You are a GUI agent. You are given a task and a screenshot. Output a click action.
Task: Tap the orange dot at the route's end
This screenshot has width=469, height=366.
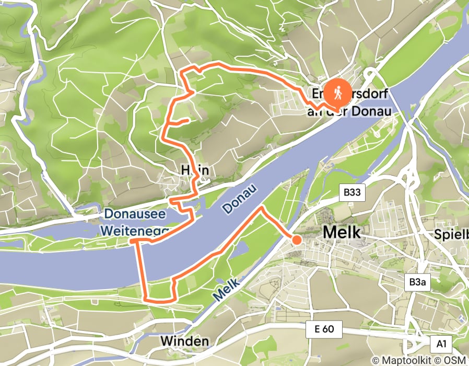click(296, 240)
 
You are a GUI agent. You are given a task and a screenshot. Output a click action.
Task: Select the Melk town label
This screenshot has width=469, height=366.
click(342, 232)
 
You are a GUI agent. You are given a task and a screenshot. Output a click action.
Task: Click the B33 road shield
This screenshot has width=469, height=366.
click(352, 193)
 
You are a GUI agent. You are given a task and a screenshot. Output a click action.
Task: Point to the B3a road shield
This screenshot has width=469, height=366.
click(416, 282)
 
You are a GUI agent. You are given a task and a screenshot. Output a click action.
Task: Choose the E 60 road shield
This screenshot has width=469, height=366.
click(323, 330)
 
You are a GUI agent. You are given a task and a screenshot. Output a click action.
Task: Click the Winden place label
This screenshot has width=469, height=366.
click(184, 341)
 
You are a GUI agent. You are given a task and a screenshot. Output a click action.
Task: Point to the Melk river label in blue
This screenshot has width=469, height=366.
click(226, 289)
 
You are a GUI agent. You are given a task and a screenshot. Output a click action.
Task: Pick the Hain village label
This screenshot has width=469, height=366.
click(194, 170)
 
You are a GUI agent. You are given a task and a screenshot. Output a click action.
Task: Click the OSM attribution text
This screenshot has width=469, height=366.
click(455, 360)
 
